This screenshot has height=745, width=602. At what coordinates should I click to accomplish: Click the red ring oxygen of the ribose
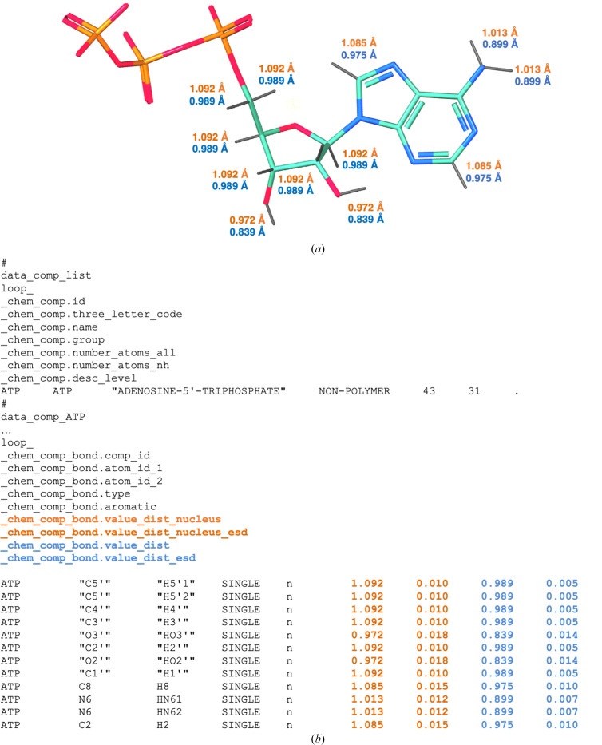pos(296,126)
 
